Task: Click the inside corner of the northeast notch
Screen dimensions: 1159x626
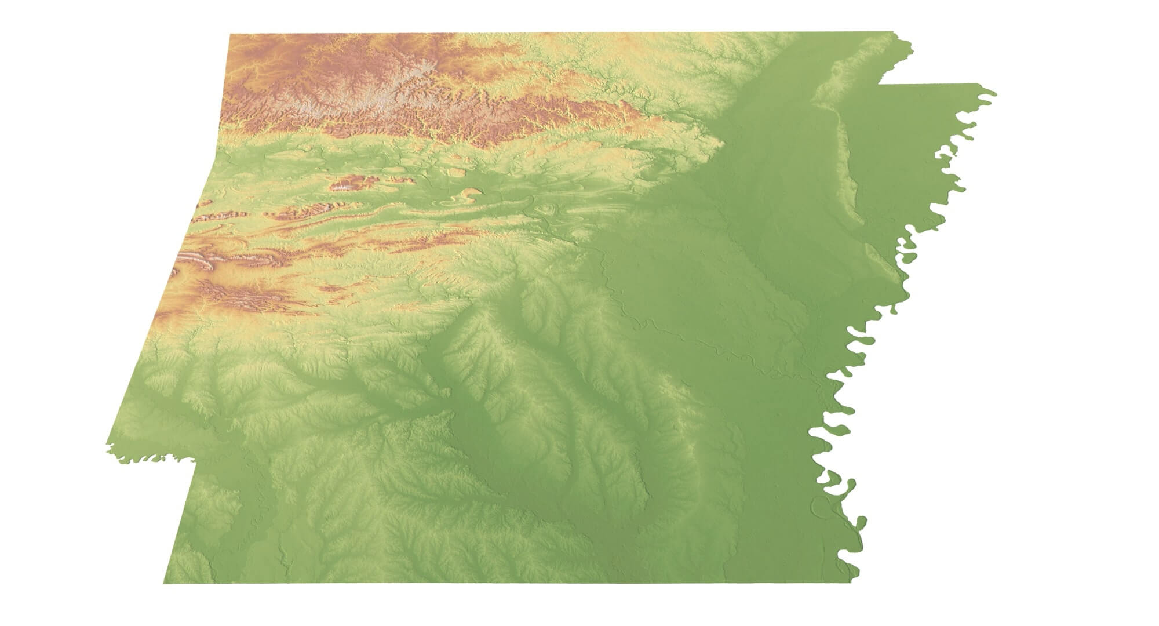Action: point(879,84)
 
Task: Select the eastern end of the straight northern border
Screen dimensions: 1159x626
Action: point(892,31)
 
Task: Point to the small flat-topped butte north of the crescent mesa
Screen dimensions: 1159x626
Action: point(457,172)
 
